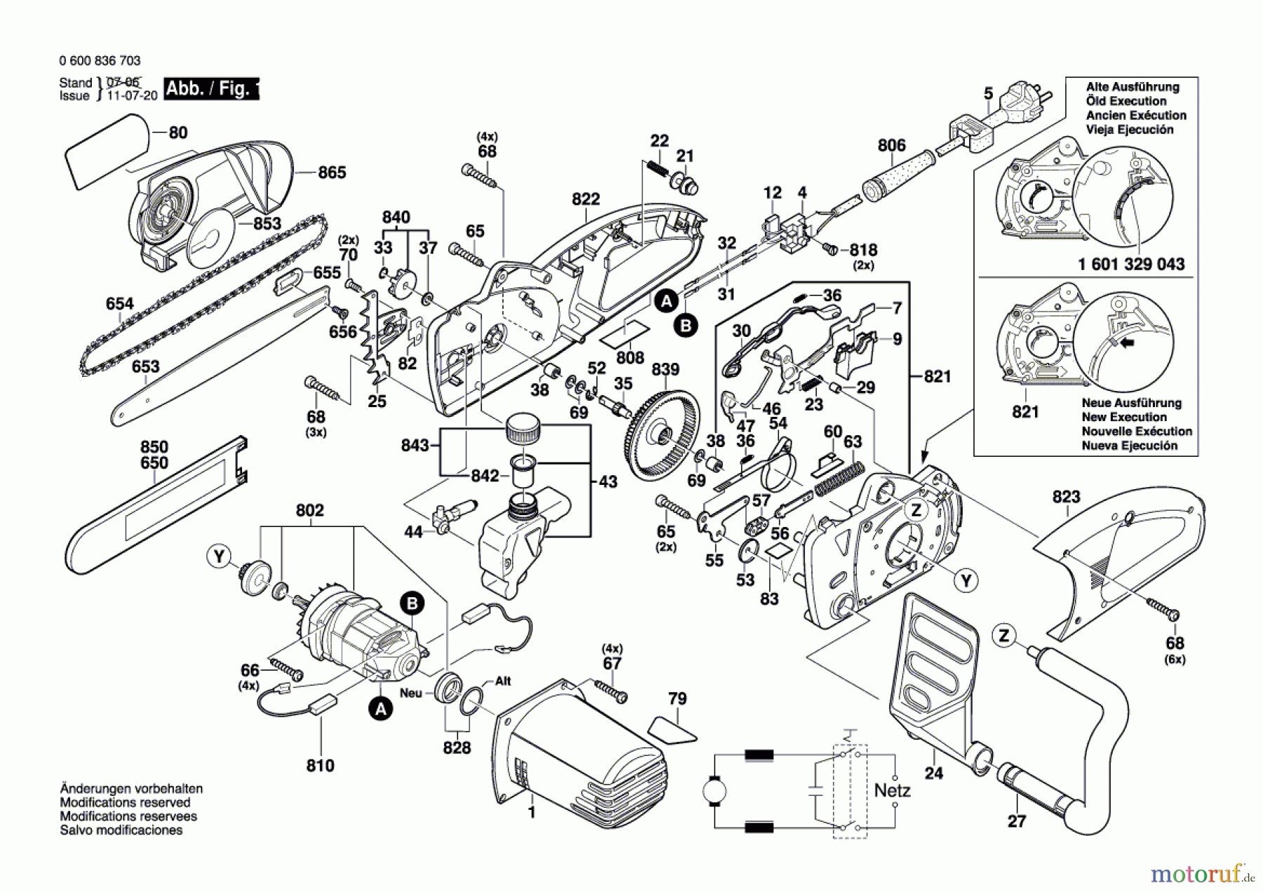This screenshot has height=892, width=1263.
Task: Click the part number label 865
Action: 332,173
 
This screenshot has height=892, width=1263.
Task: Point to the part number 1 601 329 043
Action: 1131,265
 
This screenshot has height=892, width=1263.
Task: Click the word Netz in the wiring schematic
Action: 892,791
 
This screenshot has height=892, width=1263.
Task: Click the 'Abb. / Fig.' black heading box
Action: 210,89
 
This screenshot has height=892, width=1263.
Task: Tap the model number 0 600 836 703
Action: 100,61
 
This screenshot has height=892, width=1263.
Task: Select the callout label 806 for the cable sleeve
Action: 891,146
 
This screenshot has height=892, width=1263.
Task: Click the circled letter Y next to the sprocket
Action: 219,557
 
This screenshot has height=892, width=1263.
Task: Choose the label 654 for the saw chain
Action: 119,304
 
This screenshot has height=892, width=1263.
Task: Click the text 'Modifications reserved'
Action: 125,802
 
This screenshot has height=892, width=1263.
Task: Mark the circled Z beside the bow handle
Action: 1004,636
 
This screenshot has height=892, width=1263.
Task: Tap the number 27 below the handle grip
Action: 1016,821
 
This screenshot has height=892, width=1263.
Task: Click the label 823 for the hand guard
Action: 1066,498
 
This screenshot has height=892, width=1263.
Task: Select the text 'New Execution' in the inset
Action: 1123,417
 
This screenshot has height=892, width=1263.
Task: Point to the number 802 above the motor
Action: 309,511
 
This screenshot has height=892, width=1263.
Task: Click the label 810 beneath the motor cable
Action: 320,765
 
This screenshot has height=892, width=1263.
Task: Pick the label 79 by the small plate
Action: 677,699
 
